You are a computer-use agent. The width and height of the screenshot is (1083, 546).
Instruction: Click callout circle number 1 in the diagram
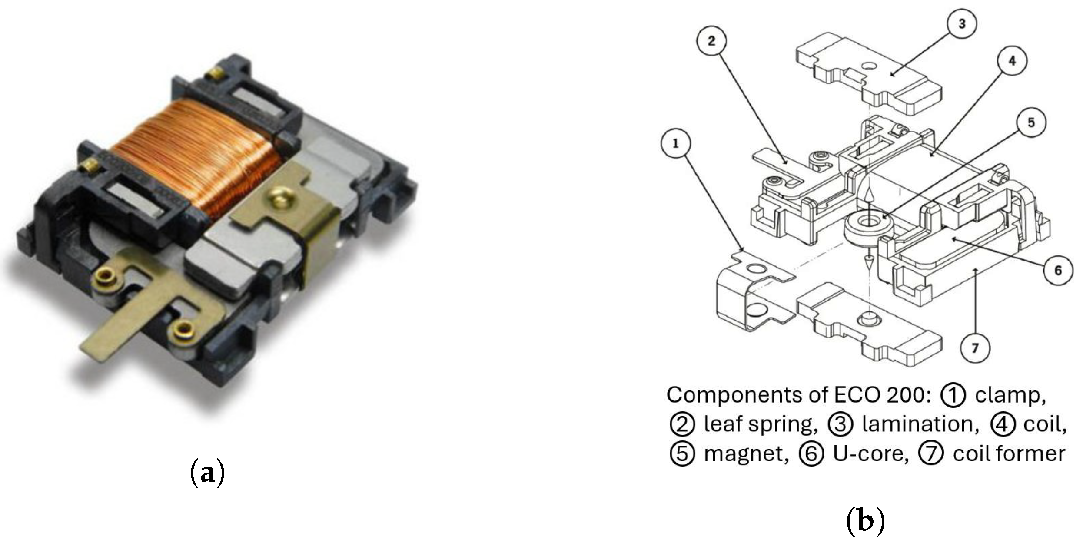[675, 144]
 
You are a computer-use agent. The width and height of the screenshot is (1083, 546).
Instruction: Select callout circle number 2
[711, 41]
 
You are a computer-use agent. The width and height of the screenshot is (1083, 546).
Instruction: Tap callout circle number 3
[962, 23]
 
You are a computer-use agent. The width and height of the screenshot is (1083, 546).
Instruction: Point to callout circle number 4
[1012, 61]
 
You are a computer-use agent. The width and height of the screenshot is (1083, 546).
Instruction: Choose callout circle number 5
[1031, 123]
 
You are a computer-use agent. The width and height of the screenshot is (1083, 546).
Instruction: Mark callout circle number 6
[1058, 270]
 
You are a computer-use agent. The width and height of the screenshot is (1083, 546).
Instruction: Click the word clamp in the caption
[1010, 395]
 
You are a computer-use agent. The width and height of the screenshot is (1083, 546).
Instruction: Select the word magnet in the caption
[746, 454]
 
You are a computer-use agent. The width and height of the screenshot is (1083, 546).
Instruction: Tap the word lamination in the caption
[920, 424]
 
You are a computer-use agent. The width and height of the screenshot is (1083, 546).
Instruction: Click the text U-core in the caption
[870, 454]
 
